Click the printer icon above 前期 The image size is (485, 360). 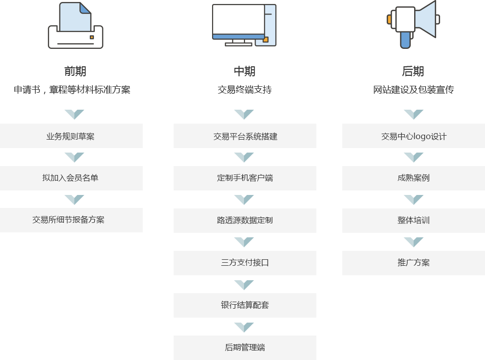pyautogui.click(x=75, y=25)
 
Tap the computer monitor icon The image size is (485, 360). pyautogui.click(x=243, y=24)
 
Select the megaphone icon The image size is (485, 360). pyautogui.click(x=413, y=24)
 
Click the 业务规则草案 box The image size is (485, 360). pyautogui.click(x=71, y=136)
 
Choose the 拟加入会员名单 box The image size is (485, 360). pyautogui.click(x=71, y=178)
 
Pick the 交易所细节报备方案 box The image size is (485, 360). pyautogui.click(x=71, y=220)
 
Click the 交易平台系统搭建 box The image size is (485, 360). pyautogui.click(x=245, y=136)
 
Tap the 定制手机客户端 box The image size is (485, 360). pyautogui.click(x=245, y=178)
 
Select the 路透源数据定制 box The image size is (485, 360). pyautogui.click(x=245, y=220)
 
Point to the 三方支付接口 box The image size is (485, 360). pyautogui.click(x=245, y=263)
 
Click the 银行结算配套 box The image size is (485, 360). pyautogui.click(x=245, y=305)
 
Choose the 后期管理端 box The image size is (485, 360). pyautogui.click(x=245, y=348)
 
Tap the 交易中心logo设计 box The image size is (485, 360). pyautogui.click(x=414, y=136)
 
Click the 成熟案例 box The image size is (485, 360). pyautogui.click(x=414, y=178)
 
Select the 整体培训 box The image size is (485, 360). pyautogui.click(x=414, y=220)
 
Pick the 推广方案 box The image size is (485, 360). pyautogui.click(x=414, y=263)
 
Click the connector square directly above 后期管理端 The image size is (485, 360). pyautogui.click(x=243, y=327)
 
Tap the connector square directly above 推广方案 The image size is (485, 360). pyautogui.click(x=413, y=242)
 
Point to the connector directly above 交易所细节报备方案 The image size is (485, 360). pyautogui.click(x=74, y=199)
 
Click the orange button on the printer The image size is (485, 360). pyautogui.click(x=91, y=37)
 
